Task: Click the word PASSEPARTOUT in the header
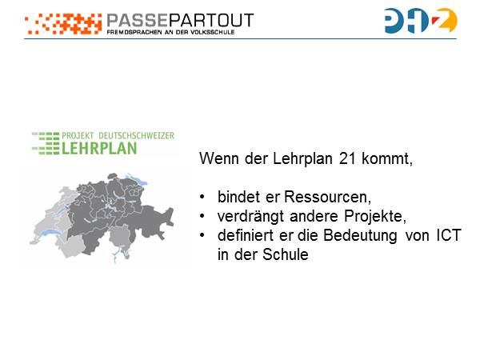[180, 19]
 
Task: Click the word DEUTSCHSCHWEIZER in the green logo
[137, 135]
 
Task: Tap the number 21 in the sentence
[347, 158]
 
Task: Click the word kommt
[386, 158]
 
